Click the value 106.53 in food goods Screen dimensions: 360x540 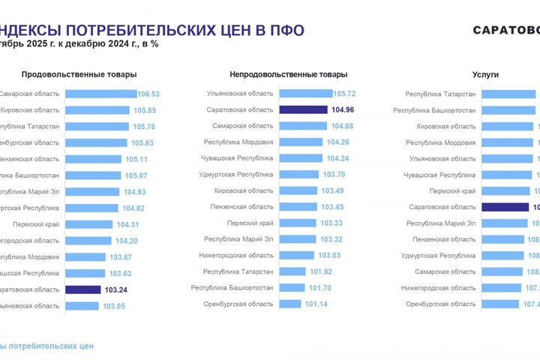148,94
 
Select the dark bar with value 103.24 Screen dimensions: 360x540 82,289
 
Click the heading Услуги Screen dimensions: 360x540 485,74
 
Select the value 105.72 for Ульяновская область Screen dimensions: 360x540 343,94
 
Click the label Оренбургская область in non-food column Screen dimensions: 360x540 238,304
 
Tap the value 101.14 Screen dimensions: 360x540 314,304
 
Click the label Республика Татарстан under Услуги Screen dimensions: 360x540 440,94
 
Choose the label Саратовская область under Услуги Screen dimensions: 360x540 442,206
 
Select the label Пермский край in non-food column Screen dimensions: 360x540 250,223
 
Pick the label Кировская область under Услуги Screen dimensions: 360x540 446,127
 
